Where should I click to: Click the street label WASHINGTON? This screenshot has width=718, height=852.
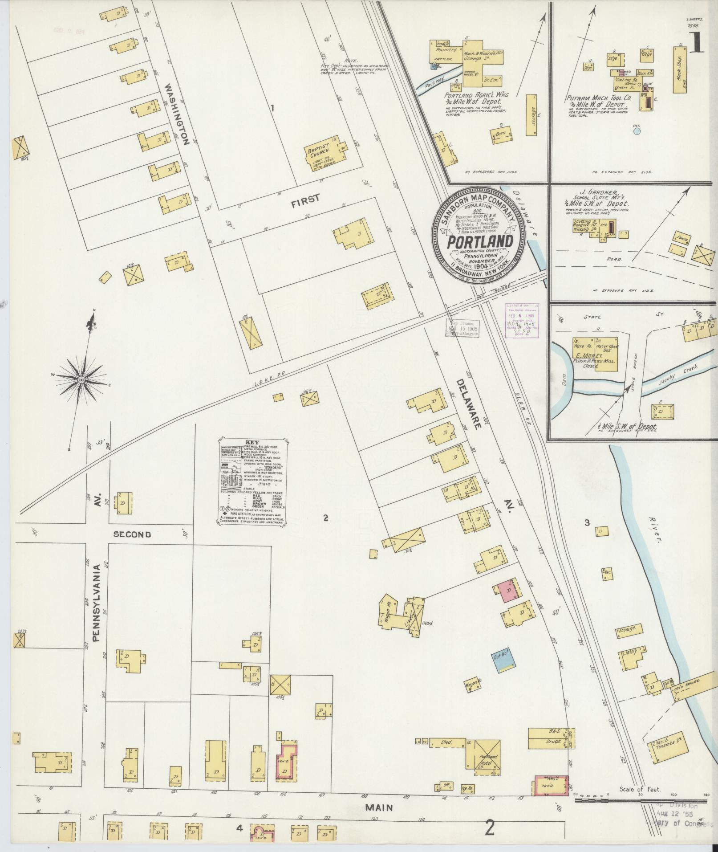177,115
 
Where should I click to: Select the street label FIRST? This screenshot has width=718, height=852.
305,199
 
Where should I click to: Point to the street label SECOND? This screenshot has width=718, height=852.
132,534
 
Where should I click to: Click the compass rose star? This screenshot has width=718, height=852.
81,379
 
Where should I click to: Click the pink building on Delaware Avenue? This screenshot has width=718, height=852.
505,591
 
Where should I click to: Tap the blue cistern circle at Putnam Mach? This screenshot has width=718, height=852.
637,131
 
